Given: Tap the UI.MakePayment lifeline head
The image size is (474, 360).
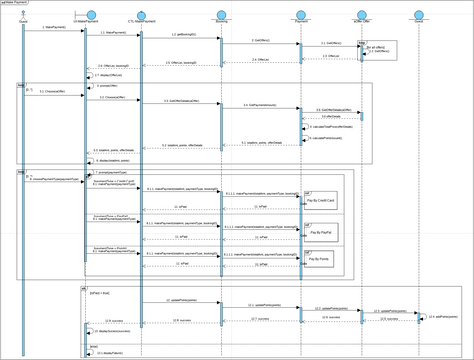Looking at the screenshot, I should point(87,16).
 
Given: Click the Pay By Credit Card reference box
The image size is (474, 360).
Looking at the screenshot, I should point(321,203).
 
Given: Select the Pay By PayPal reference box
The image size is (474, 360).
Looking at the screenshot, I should point(321,232).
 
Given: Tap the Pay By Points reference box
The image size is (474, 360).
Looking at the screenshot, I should point(321,261).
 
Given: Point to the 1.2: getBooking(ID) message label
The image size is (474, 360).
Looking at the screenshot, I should point(180,35).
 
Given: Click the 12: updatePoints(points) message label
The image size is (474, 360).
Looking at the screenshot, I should point(180,300).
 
